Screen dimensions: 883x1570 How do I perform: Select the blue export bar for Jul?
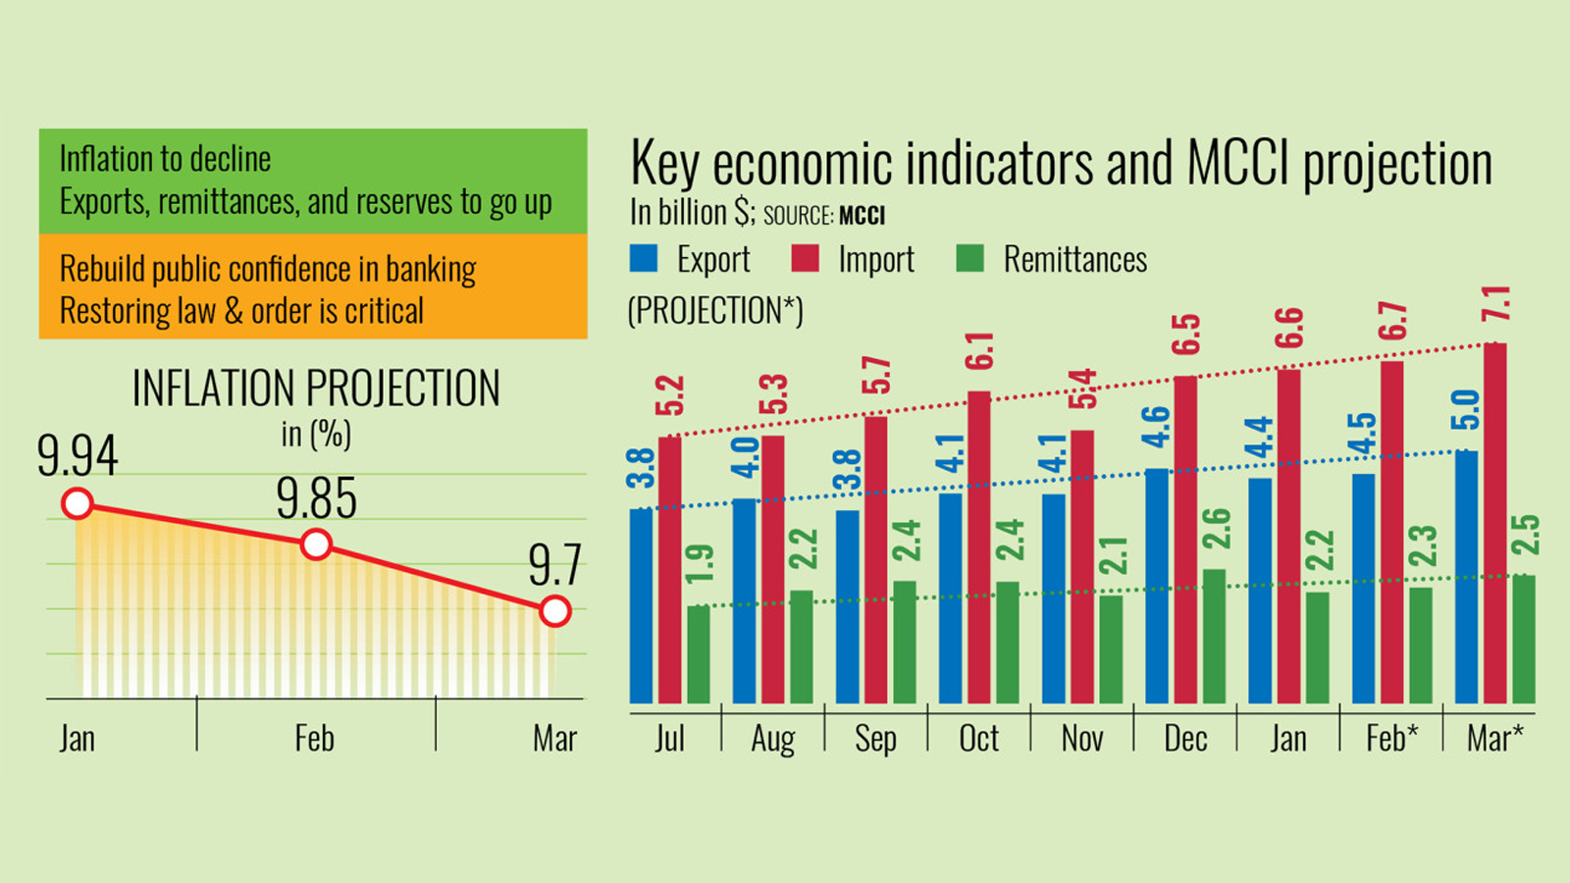(641, 605)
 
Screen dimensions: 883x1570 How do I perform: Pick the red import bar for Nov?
(1082, 566)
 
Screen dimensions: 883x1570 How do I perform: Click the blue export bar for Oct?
(950, 597)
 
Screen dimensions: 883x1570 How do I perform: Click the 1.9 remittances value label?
(700, 564)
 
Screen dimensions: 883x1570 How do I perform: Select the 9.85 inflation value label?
(316, 498)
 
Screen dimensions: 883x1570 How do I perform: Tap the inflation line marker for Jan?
(78, 504)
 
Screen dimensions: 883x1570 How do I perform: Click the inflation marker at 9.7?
(555, 611)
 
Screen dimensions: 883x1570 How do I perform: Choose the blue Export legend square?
(644, 259)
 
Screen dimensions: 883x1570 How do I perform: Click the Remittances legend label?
(1074, 260)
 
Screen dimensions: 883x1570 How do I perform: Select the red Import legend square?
(805, 259)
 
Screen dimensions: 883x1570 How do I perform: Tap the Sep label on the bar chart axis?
(875, 739)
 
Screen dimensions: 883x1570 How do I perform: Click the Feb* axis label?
(1391, 739)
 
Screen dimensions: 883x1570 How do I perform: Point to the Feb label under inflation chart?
(314, 739)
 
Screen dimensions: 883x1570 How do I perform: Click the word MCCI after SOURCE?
(862, 216)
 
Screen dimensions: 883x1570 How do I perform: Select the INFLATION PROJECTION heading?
(316, 389)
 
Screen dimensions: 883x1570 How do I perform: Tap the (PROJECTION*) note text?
(715, 311)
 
